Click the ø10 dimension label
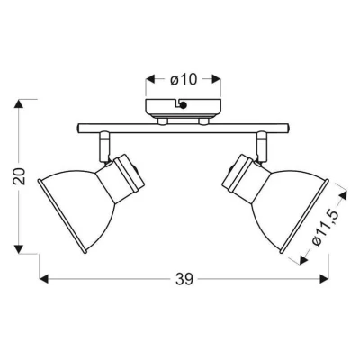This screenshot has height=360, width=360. coord(184,80)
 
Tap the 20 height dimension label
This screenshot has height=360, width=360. coord(20,176)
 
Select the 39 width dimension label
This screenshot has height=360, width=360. coord(184,280)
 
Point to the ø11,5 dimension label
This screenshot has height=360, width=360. coord(327,228)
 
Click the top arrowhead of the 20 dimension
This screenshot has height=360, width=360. coord(19,103)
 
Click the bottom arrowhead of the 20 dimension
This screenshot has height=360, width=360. coord(19,249)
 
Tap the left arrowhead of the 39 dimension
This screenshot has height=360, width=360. coord(44,279)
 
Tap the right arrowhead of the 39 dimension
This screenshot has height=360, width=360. coord(324,279)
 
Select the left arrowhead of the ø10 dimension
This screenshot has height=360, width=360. coord(150,79)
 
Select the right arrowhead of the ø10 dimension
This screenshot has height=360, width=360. coord(217,79)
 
